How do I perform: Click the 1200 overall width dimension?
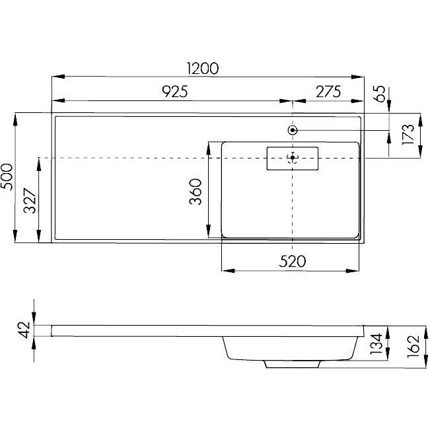tap(203, 69)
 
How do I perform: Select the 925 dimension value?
tap(175, 92)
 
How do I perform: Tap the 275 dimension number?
tap(328, 92)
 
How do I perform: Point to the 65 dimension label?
tap(380, 94)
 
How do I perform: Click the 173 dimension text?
tap(408, 135)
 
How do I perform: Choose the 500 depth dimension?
tap(7, 177)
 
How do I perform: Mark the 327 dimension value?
tap(30, 201)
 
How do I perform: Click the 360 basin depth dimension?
tap(196, 192)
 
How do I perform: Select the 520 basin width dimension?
tap(293, 262)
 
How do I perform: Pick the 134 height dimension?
tap(376, 343)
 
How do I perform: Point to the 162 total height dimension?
tap(413, 346)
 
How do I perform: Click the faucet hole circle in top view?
tap(293, 130)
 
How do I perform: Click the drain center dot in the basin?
tap(293, 157)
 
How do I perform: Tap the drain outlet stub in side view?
tap(293, 364)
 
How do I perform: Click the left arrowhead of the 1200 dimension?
tap(58, 77)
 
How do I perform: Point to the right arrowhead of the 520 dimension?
tap(353, 271)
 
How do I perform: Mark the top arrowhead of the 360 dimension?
tap(209, 149)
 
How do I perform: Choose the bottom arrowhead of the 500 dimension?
tap(15, 236)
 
